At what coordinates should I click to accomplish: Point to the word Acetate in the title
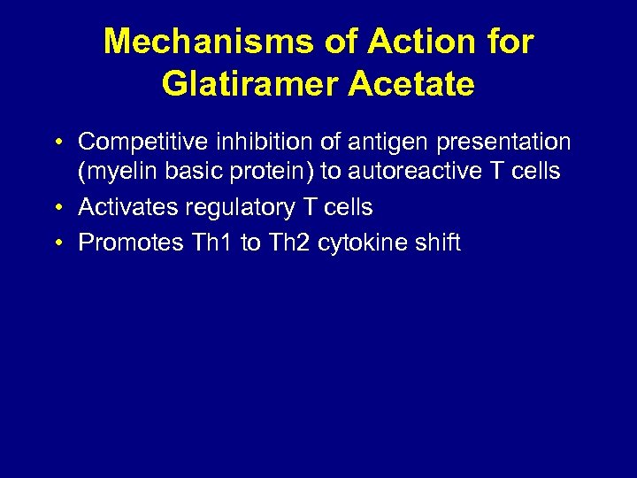411,84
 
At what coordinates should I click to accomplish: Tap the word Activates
127,207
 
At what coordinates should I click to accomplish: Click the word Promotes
131,243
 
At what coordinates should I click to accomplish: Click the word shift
436,243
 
